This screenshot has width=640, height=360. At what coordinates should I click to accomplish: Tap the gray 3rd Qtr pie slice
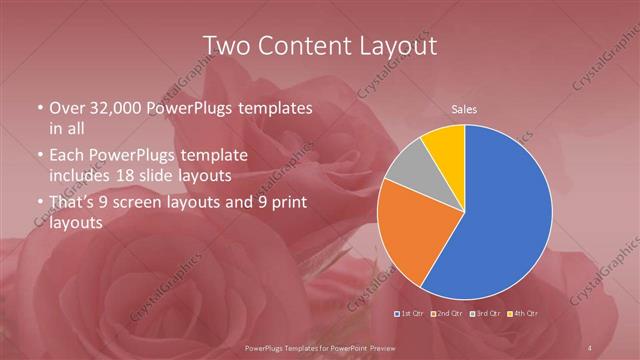pyautogui.click(x=406, y=170)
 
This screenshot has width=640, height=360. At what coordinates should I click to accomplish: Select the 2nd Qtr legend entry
pyautogui.click(x=449, y=313)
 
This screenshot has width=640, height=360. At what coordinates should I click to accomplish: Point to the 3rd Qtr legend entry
pyautogui.click(x=485, y=313)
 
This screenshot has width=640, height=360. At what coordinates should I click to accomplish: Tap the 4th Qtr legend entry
pyautogui.click(x=522, y=313)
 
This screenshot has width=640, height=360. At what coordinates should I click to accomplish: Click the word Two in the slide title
pyautogui.click(x=225, y=46)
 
